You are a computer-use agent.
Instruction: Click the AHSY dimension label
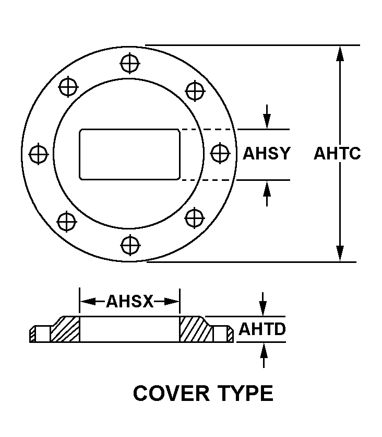tap(267, 153)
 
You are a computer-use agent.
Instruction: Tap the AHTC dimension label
tap(337, 153)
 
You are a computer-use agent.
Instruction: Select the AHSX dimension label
tap(129, 301)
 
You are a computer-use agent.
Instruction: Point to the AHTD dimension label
tap(262, 329)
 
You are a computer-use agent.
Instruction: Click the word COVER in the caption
tap(171, 393)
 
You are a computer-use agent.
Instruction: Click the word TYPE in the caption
tap(246, 393)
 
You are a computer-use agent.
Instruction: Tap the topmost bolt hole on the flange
tap(130, 63)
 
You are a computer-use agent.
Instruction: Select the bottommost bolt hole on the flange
tap(130, 245)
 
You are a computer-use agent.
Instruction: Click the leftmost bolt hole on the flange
tap(39, 154)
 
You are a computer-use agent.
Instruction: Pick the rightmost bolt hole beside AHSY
tap(220, 153)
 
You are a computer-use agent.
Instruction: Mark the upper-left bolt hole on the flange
tap(68, 87)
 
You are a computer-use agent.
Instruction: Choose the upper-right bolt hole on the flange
tap(195, 90)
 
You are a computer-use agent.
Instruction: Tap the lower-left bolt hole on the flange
tap(66, 222)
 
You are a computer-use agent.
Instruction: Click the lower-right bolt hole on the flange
tap(195, 218)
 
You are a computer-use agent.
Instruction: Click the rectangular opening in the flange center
tap(129, 154)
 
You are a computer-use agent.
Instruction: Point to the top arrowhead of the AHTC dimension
tap(340, 53)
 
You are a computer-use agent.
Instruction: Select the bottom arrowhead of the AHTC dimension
tap(340, 254)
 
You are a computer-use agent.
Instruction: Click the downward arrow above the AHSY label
tap(267, 117)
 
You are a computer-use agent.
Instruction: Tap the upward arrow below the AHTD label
tap(264, 355)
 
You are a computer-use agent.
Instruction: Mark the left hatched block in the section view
tap(65, 330)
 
